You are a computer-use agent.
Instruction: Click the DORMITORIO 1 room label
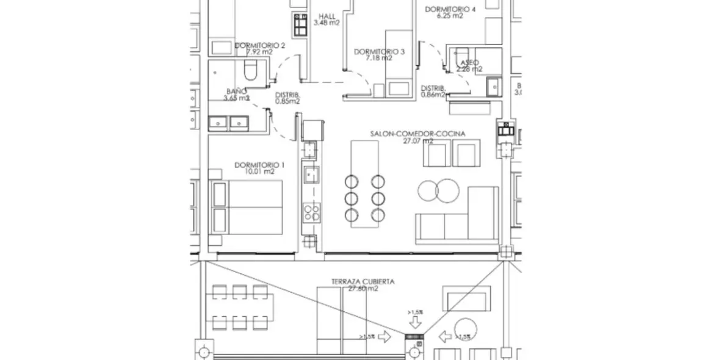(x=260, y=165)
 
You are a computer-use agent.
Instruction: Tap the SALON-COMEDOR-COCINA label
(x=417, y=133)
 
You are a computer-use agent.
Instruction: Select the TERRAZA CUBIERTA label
(x=363, y=282)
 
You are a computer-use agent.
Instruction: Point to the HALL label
(x=327, y=16)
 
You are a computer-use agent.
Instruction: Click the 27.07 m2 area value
(x=418, y=140)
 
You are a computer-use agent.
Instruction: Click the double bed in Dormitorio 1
(x=247, y=207)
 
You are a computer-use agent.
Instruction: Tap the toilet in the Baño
(x=250, y=71)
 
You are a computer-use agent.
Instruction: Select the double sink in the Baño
(x=227, y=123)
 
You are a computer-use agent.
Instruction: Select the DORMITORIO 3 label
(x=379, y=52)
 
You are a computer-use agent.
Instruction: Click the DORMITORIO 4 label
(x=450, y=9)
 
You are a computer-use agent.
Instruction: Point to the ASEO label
(x=469, y=62)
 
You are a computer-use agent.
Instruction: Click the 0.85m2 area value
(x=287, y=102)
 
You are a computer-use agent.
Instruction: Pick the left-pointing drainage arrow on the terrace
(x=444, y=336)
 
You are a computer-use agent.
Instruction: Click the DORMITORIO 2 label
(x=260, y=45)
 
